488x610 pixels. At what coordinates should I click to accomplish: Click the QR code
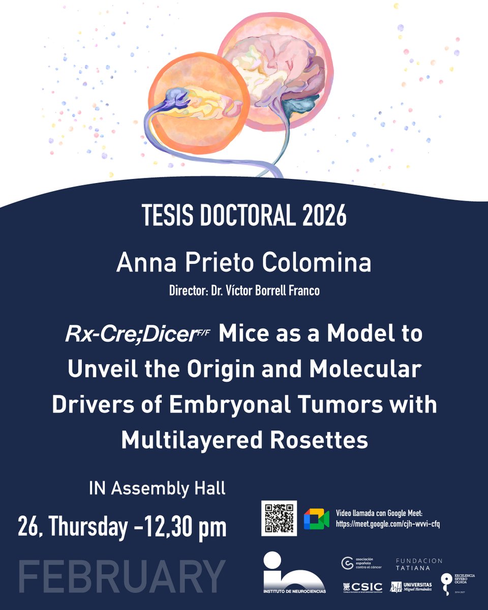click(279, 518)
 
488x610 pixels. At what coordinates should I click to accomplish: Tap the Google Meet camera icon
click(316, 518)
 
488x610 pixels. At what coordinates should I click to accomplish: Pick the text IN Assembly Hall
click(157, 489)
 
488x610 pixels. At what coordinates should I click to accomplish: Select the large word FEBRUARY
click(122, 576)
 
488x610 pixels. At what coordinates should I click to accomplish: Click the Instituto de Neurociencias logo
click(294, 573)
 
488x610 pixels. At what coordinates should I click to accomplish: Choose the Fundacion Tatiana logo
click(419, 564)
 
